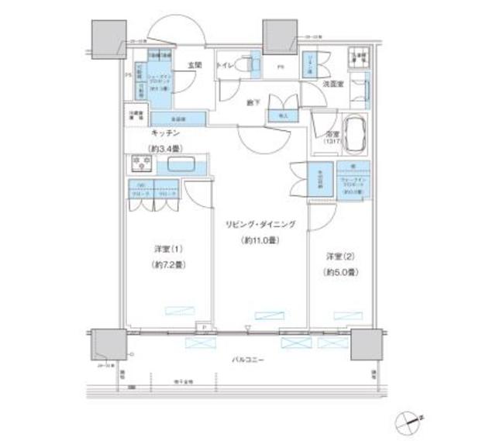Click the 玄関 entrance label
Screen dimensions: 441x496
pyautogui.click(x=194, y=66)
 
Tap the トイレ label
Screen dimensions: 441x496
pyautogui.click(x=226, y=65)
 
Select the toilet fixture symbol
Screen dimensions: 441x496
pyautogui.click(x=249, y=67)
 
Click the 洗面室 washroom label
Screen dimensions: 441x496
pyautogui.click(x=334, y=82)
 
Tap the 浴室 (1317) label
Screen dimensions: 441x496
pyautogui.click(x=322, y=137)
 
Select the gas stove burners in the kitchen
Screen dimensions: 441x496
pyautogui.click(x=140, y=164)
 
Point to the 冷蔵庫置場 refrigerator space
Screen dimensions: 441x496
pyautogui.click(x=136, y=117)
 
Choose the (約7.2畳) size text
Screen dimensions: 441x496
pyautogui.click(x=167, y=264)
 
